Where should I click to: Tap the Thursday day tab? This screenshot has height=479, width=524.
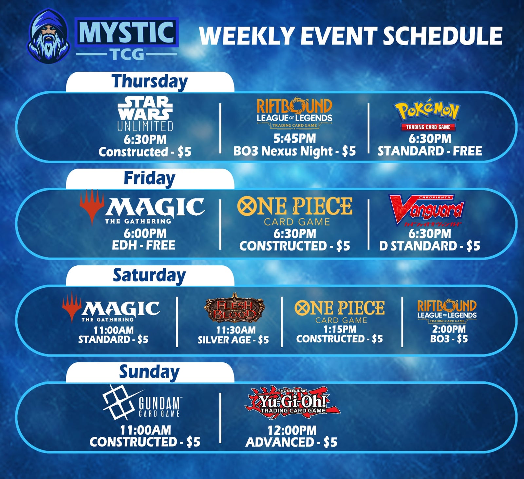[x=150, y=82]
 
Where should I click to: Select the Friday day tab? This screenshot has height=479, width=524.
[x=150, y=179]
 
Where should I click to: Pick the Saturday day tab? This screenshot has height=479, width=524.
[x=150, y=276]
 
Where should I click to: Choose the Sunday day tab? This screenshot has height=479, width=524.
[x=150, y=373]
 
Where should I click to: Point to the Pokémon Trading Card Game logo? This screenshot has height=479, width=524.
[x=428, y=114]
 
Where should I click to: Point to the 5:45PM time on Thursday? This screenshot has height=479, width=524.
[x=295, y=139]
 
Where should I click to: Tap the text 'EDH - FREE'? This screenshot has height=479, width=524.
[x=143, y=245]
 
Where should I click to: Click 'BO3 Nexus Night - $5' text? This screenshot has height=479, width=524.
[x=294, y=151]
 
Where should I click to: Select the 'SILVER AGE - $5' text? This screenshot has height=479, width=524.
[x=233, y=340]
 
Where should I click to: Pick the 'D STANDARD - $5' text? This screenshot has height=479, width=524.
[x=430, y=246]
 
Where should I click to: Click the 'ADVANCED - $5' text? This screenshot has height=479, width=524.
[x=291, y=442]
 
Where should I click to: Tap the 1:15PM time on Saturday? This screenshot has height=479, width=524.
[x=340, y=329]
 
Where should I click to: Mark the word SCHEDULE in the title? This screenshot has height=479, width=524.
[x=442, y=36]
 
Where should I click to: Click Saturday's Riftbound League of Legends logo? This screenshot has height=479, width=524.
[x=447, y=311]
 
